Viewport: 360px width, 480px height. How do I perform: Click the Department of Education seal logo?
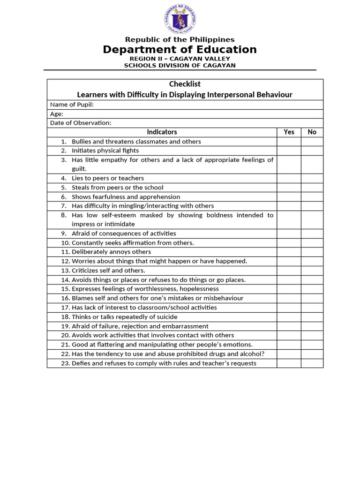click(x=180, y=19)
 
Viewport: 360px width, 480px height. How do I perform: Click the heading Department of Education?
click(x=180, y=50)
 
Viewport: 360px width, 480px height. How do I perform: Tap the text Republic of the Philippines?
click(x=180, y=40)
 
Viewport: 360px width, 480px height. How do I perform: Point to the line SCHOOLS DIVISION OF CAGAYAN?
click(x=180, y=66)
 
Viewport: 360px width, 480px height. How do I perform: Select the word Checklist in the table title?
click(x=185, y=84)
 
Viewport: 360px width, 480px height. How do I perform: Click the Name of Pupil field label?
click(x=72, y=105)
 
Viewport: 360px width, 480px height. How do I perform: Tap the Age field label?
click(x=56, y=114)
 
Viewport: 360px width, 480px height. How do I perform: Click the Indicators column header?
click(x=162, y=132)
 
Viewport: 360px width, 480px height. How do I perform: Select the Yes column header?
click(x=289, y=132)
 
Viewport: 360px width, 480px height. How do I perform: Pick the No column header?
click(x=312, y=132)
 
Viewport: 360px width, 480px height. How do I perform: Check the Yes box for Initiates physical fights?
click(x=289, y=150)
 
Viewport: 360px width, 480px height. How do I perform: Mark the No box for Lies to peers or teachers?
click(x=312, y=178)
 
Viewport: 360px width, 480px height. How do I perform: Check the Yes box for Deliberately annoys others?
click(x=289, y=252)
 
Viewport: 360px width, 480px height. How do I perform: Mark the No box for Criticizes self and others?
click(x=312, y=270)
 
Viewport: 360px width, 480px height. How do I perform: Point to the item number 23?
click(x=65, y=363)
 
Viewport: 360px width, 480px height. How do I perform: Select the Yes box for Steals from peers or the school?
click(x=289, y=187)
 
